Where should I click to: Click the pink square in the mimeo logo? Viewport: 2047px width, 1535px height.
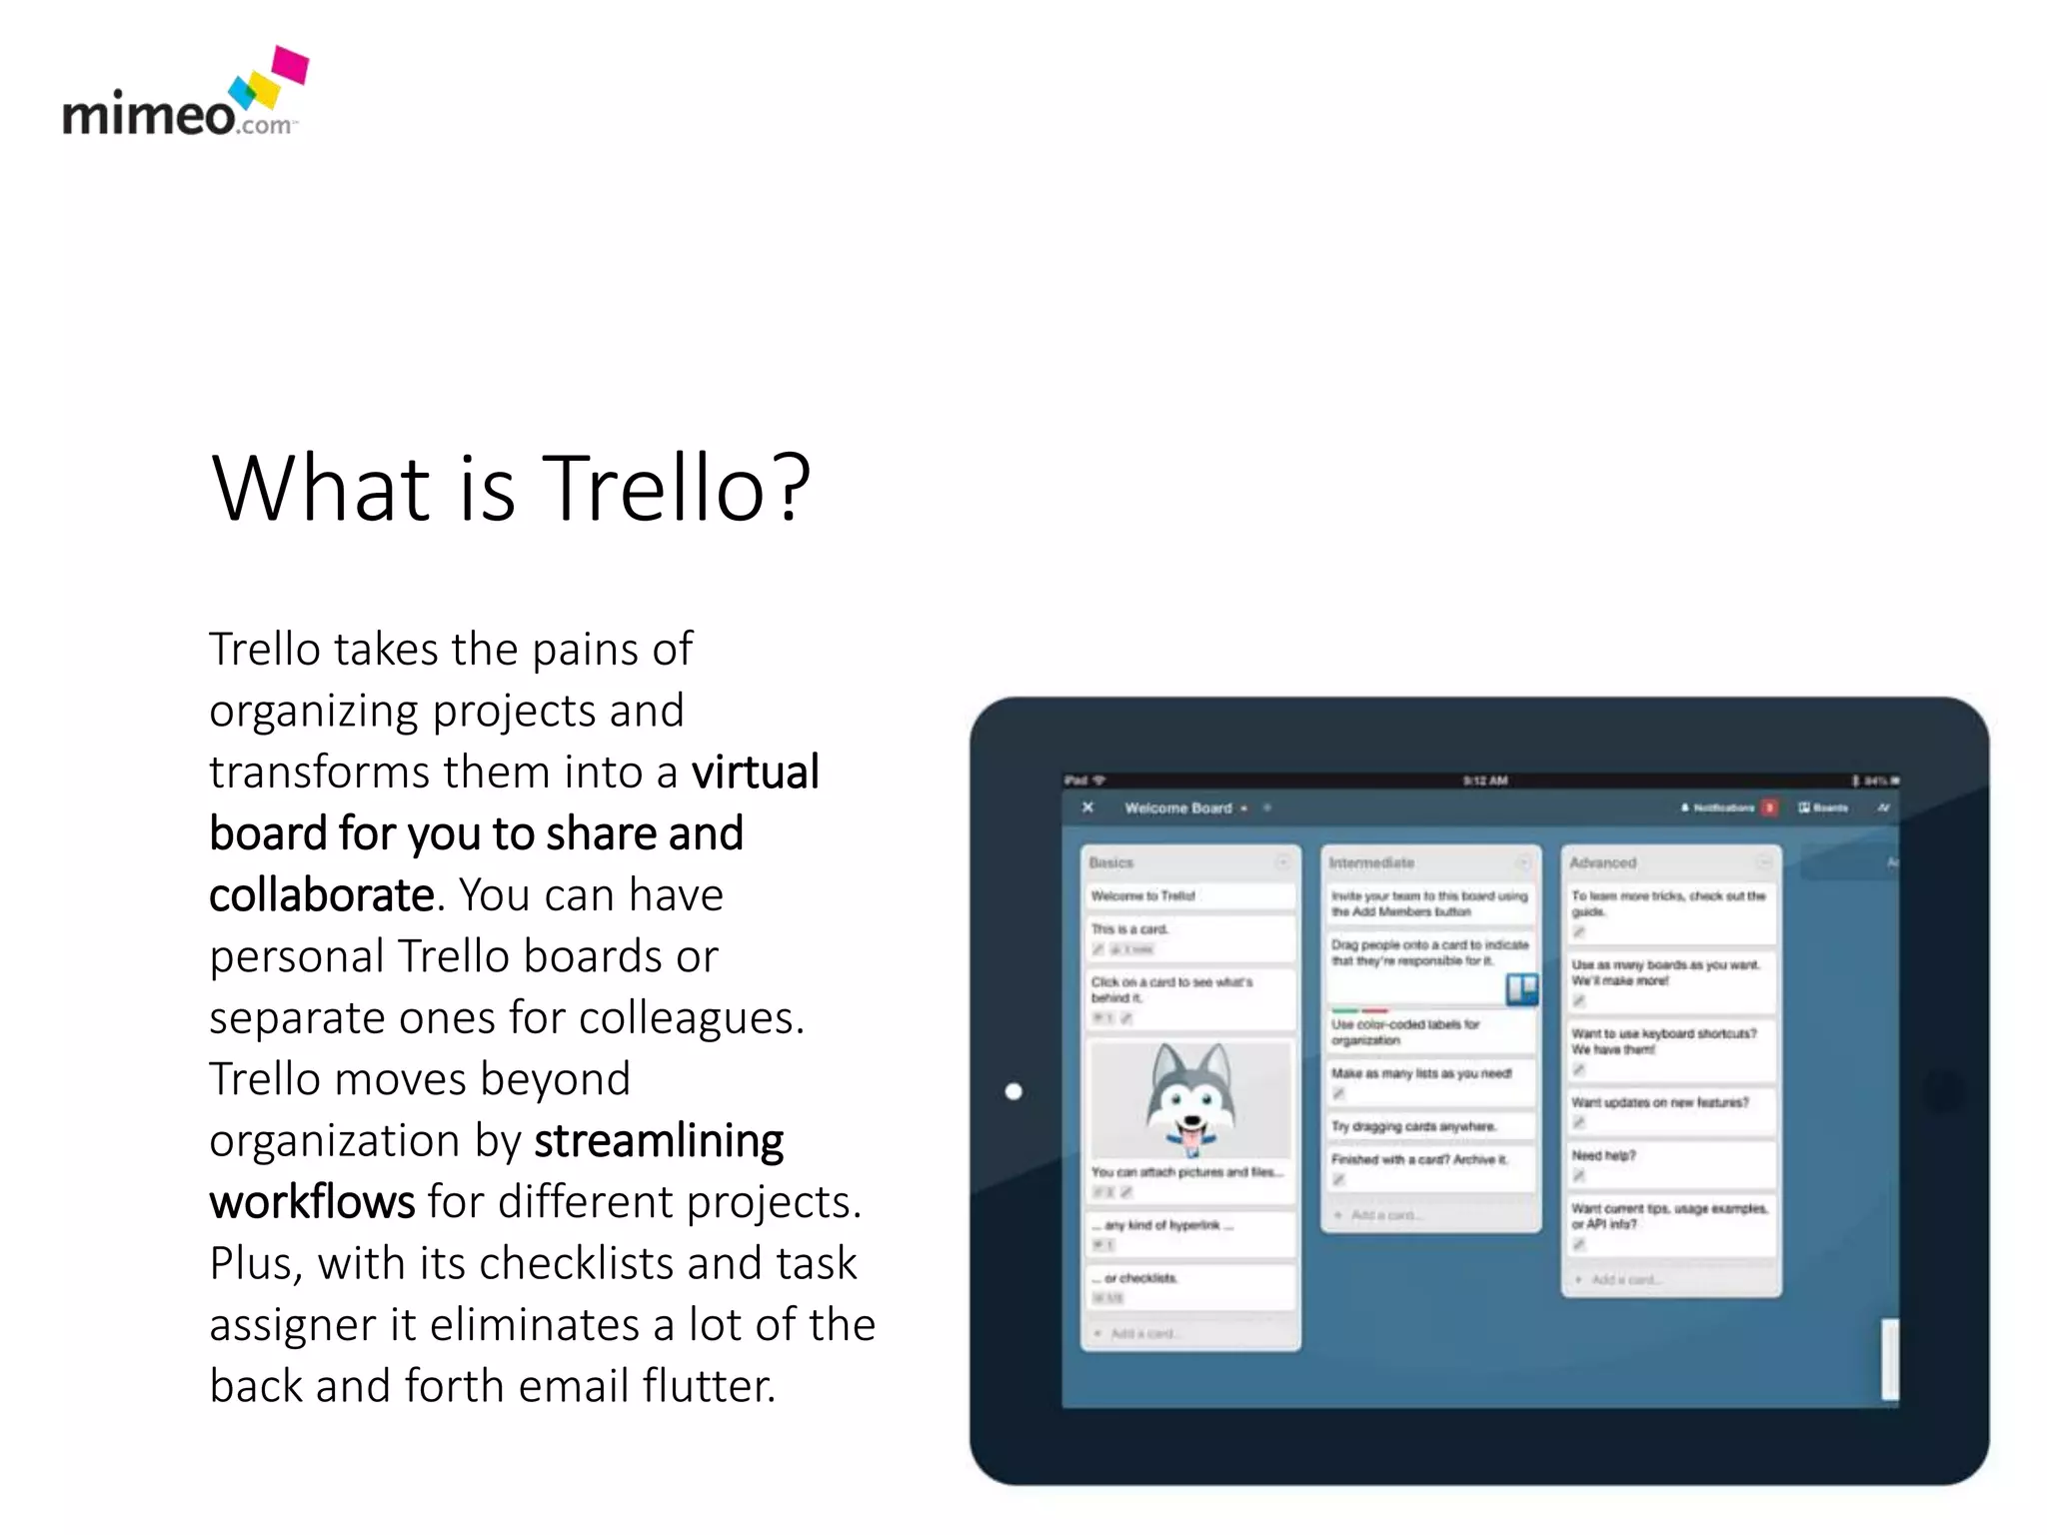(x=291, y=64)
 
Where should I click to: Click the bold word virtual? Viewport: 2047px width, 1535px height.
(x=756, y=772)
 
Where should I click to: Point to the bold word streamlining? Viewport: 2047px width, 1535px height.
(x=659, y=1141)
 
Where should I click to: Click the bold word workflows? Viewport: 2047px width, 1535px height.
(x=312, y=1202)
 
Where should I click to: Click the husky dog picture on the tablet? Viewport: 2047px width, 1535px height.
(x=1189, y=1099)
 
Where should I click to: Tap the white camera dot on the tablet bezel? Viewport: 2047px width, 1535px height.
(x=1014, y=1091)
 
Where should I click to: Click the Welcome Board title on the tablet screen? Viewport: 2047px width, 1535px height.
(x=1177, y=807)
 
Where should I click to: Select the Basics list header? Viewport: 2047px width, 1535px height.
(x=1111, y=862)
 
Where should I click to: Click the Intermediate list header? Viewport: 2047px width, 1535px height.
(x=1371, y=862)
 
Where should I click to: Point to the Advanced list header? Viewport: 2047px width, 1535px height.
(x=1602, y=862)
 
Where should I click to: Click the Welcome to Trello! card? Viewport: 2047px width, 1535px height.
(x=1188, y=895)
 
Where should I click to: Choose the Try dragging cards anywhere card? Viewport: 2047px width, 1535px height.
(x=1428, y=1126)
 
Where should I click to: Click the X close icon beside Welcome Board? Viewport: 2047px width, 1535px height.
(x=1087, y=807)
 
